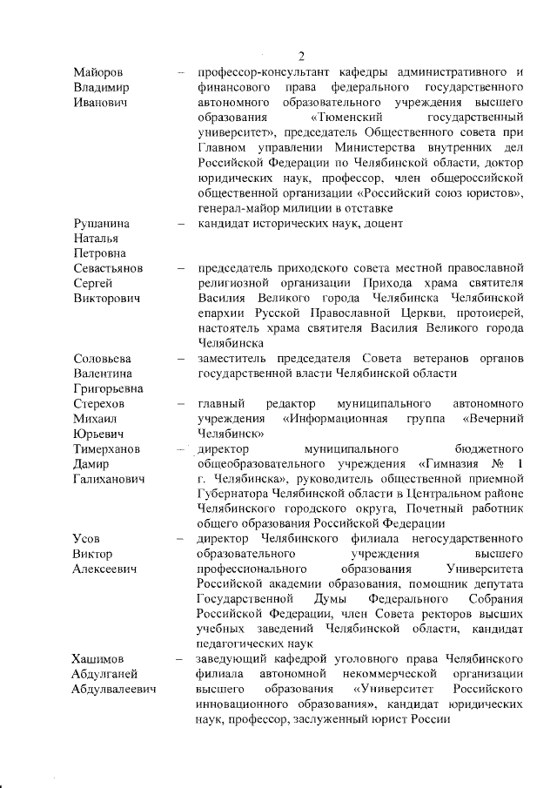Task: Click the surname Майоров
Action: [97, 72]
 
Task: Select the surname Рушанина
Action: [101, 224]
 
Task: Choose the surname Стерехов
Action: [99, 404]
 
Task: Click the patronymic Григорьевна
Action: [109, 388]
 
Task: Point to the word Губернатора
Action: [236, 494]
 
